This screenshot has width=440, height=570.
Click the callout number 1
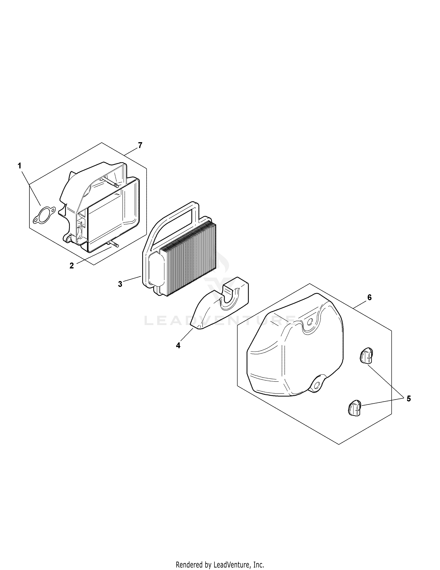(x=19, y=166)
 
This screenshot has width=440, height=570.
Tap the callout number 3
(x=120, y=284)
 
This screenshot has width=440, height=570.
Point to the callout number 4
(x=178, y=346)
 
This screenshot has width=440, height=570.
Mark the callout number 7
(x=140, y=145)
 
